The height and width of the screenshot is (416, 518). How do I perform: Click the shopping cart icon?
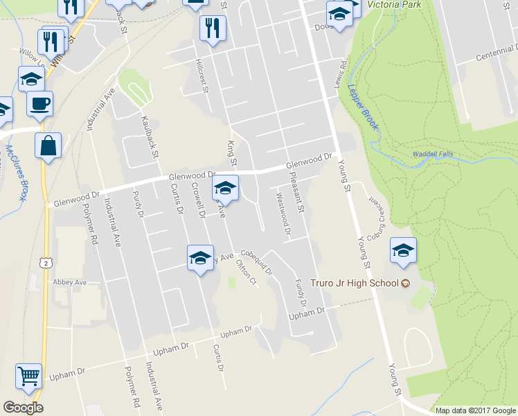click(x=29, y=376)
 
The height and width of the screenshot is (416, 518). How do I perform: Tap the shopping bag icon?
click(x=48, y=146)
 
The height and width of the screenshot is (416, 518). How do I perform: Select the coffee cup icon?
click(x=39, y=104)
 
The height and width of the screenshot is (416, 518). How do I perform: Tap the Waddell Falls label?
click(x=434, y=154)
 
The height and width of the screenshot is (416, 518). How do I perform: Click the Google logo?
click(x=23, y=408)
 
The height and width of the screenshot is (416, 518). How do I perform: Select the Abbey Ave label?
click(x=70, y=282)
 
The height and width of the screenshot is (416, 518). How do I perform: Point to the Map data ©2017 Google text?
click(x=475, y=410)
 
